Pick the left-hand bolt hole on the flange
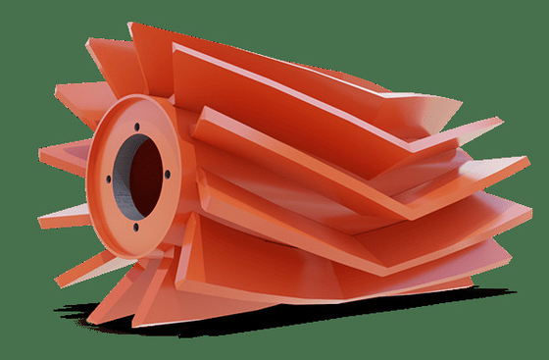point(101,179)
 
